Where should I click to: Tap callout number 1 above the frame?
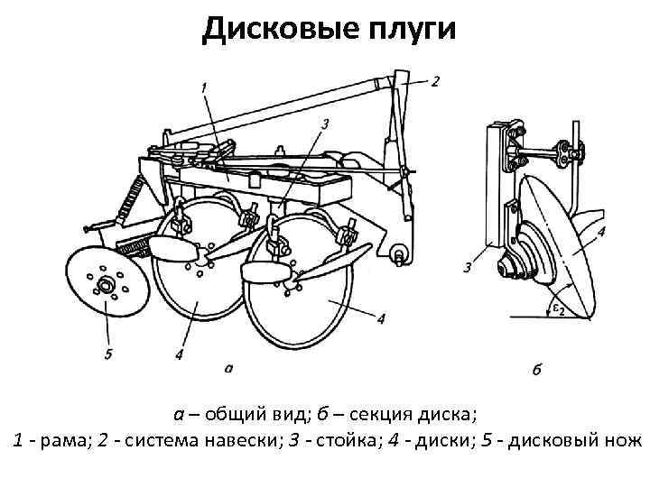(204, 87)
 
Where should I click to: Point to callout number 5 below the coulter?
(108, 354)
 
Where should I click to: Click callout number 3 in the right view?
(468, 267)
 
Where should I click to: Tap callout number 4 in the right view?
(601, 232)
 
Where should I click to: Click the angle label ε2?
(559, 310)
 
